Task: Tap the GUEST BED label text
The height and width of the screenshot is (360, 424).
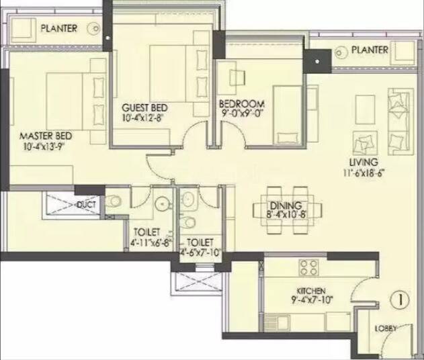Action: (x=144, y=107)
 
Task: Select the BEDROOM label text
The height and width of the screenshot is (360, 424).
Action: (x=242, y=105)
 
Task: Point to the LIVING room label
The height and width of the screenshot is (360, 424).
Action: (x=364, y=163)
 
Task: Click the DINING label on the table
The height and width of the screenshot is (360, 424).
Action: (x=285, y=206)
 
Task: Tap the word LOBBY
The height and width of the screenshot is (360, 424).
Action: (x=386, y=328)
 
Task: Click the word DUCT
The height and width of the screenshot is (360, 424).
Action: (x=85, y=204)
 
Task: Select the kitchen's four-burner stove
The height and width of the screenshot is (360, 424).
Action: (x=310, y=267)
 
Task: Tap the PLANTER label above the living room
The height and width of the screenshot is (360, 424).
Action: (x=370, y=50)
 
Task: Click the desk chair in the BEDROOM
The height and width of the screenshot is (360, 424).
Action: (x=237, y=78)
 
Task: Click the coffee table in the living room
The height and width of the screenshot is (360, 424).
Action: (x=366, y=108)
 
